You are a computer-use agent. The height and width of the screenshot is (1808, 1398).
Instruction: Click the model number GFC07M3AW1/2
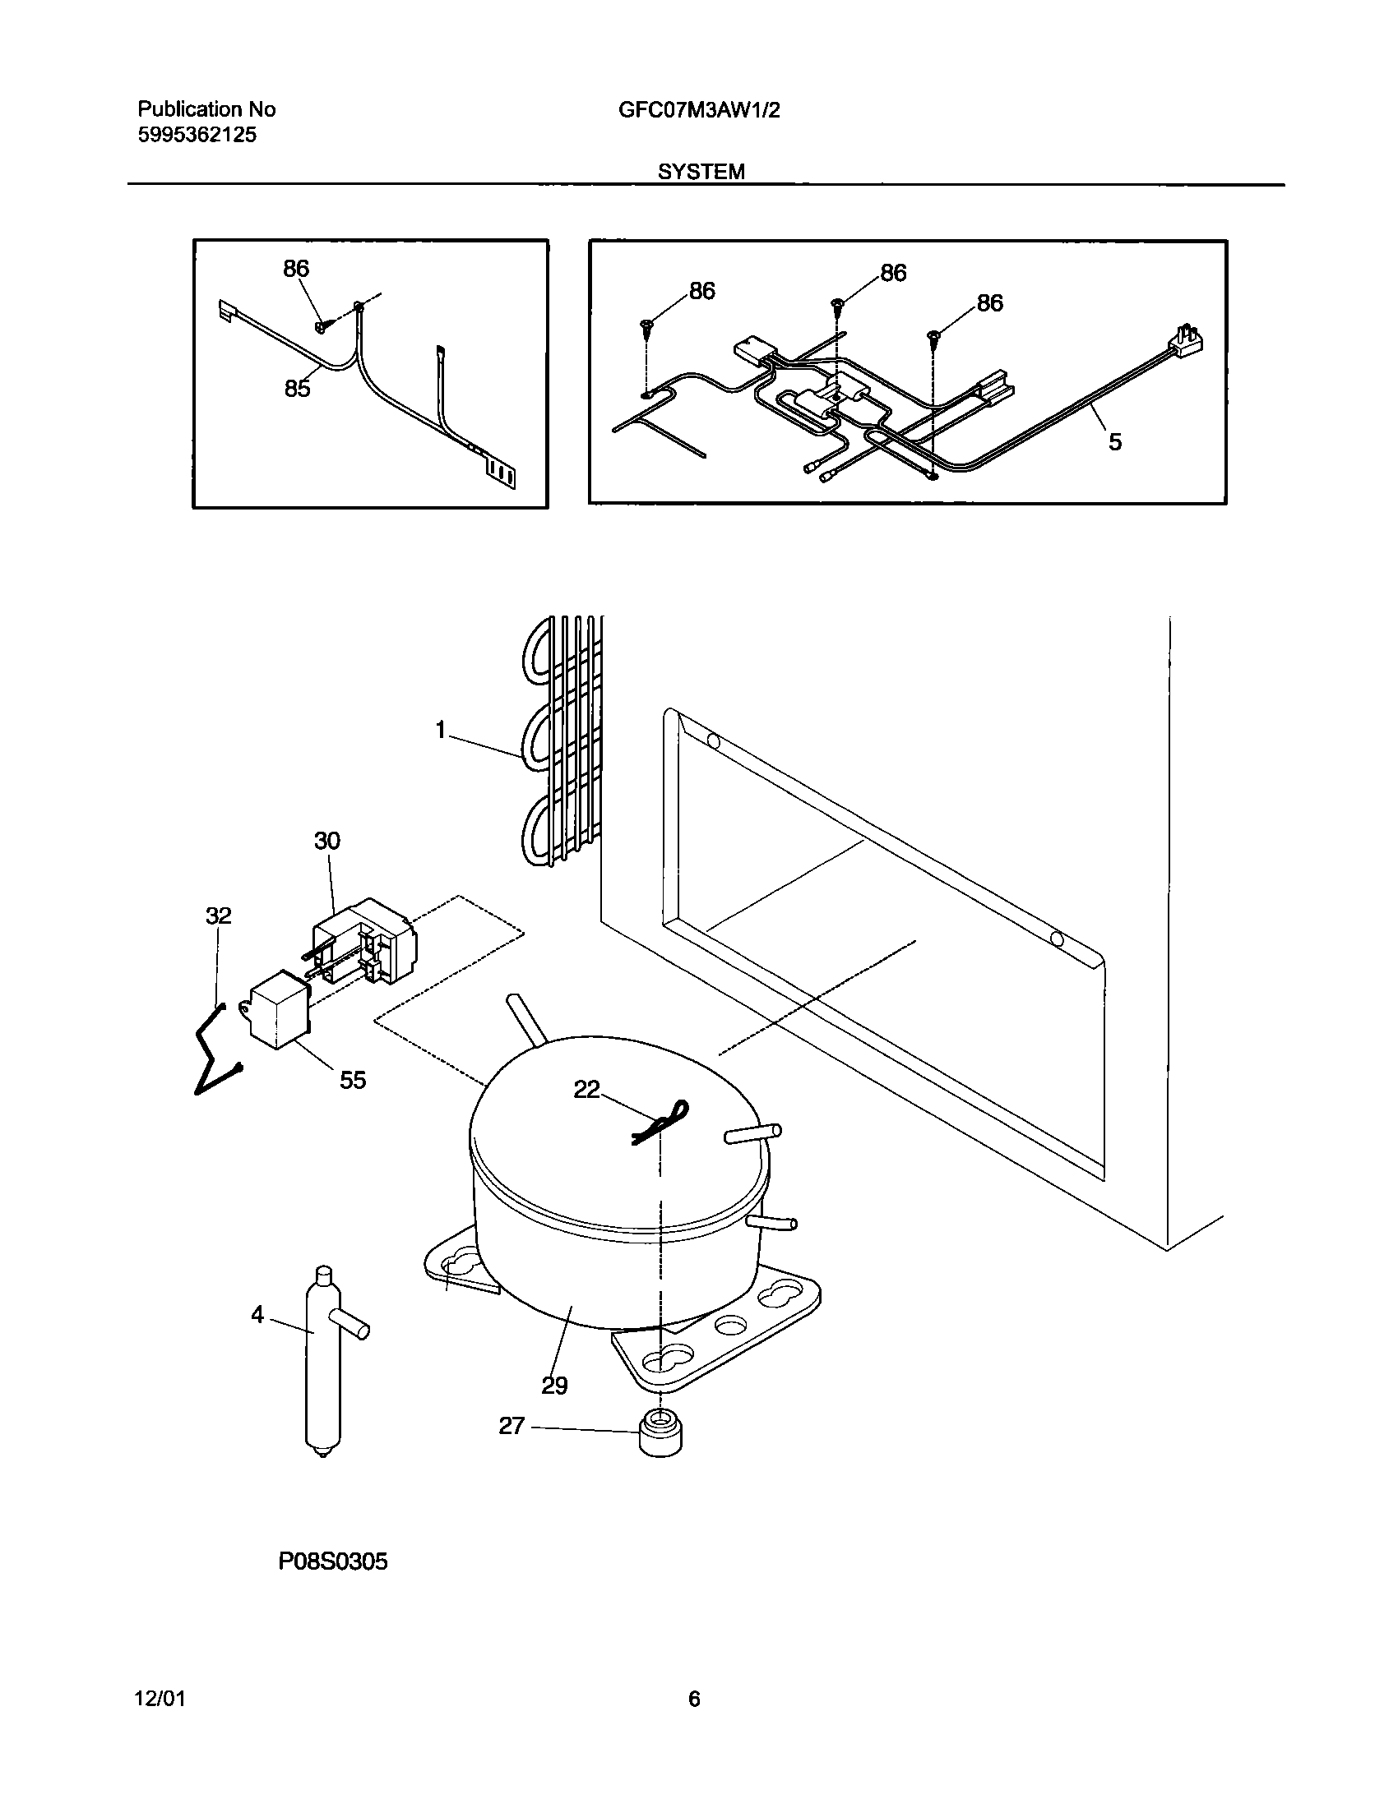tap(698, 110)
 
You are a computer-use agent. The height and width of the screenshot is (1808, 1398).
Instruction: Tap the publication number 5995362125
tap(197, 136)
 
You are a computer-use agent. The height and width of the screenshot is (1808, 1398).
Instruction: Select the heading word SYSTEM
tap(701, 172)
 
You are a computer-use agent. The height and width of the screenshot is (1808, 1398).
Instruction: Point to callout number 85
tap(297, 388)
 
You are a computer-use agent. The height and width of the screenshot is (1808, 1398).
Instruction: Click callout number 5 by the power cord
tap(1115, 442)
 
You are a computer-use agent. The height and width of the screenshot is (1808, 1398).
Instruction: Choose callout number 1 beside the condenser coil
tap(441, 730)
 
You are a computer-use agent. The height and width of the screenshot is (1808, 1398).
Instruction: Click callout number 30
tap(326, 841)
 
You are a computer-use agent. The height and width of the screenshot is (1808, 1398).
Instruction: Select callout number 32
tap(219, 916)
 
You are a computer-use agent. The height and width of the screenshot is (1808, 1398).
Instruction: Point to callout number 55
tap(353, 1080)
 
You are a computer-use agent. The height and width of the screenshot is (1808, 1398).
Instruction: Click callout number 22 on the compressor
tap(586, 1090)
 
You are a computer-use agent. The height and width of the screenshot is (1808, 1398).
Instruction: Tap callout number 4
tap(257, 1315)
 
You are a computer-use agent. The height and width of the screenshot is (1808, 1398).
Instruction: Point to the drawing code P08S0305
tap(333, 1562)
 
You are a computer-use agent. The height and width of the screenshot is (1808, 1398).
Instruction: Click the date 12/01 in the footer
tap(160, 1700)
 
